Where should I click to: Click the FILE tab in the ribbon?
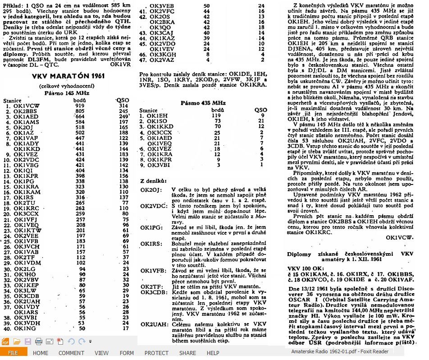tap(13, 353)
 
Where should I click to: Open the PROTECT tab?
tap(156, 353)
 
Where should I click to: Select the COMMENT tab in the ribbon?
tap(71, 353)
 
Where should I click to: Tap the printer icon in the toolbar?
tap(39, 342)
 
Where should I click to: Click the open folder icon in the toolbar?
tap(17, 342)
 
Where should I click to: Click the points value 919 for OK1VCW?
tap(79, 106)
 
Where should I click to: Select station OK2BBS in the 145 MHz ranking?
tap(25, 111)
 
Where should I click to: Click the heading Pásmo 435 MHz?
tap(203, 102)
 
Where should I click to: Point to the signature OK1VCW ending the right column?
tap(400, 238)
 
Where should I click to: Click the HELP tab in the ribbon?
tap(213, 353)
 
